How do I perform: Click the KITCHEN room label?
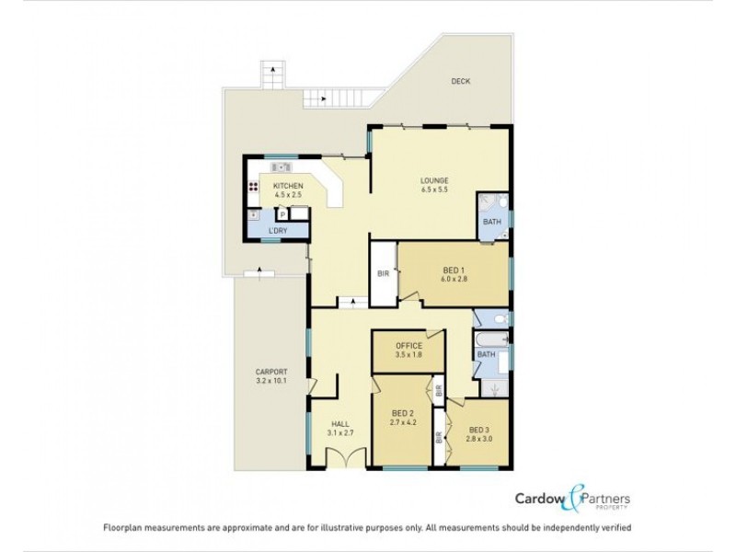287,186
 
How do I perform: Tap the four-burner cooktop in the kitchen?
253,186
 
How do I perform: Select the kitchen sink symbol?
282,167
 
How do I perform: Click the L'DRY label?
277,230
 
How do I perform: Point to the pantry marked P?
282,214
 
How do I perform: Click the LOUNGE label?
433,180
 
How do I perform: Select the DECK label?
460,81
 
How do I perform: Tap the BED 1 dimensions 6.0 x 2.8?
454,278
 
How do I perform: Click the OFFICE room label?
408,345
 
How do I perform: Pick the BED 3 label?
479,430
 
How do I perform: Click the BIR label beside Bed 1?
383,273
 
